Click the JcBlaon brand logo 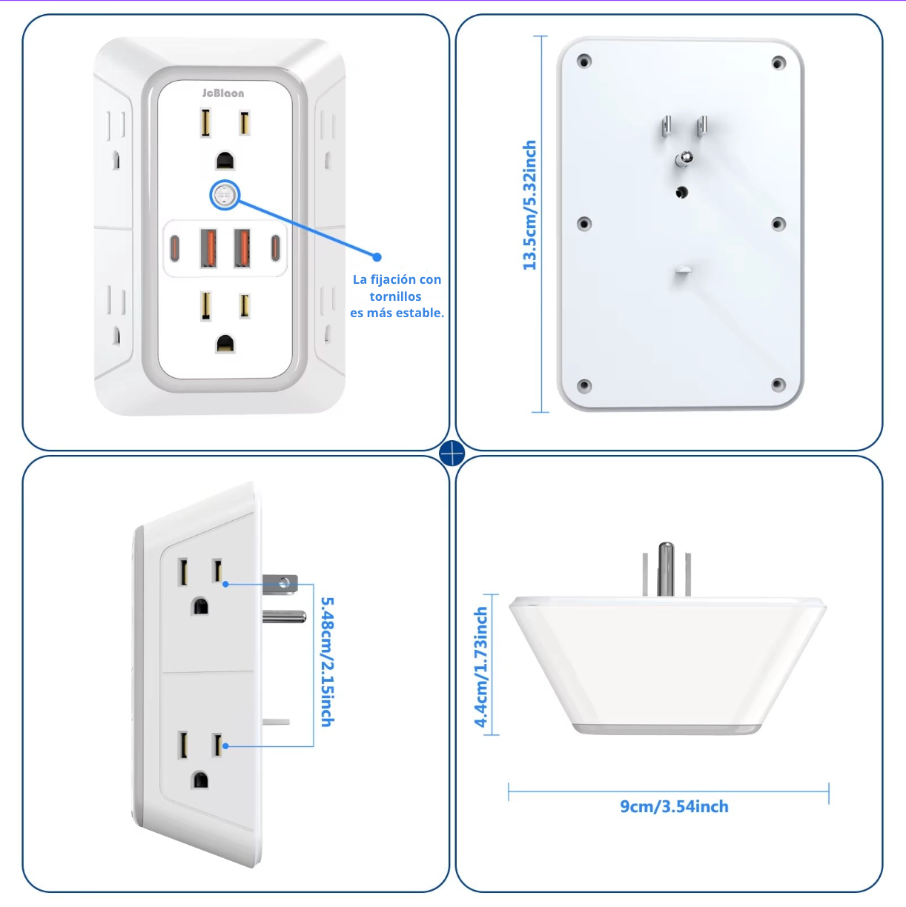223,93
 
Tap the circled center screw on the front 225,196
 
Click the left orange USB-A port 208,247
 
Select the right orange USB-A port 242,247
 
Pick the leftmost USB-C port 175,247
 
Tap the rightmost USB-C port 275,247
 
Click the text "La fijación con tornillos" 397,288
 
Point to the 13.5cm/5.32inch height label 529,205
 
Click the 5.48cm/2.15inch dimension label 327,662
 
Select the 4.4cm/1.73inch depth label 481,667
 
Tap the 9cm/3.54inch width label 674,806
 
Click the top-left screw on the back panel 584,61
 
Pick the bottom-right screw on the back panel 778,385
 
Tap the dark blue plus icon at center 452,453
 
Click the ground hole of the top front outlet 225,161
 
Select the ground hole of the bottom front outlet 225,343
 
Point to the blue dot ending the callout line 377,257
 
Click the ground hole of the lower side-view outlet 200,780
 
